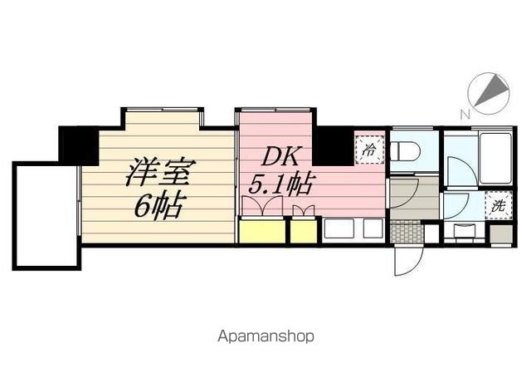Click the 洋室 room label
[160, 172]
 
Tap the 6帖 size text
[158, 207]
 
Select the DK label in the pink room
[280, 157]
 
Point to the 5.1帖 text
[280, 184]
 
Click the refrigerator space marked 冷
[369, 150]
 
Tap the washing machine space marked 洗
[498, 205]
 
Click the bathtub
[495, 159]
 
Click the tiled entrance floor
[407, 232]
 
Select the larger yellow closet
[262, 232]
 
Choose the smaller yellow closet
[304, 232]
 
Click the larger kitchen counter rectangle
[339, 228]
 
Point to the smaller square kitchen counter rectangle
[373, 228]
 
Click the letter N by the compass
[465, 115]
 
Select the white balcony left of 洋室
[46, 216]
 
